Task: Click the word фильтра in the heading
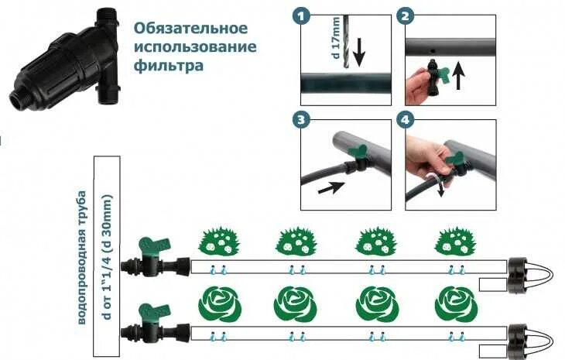tap(169, 66)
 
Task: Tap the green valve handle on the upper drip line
tap(145, 247)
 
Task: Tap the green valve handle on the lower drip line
tap(146, 314)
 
